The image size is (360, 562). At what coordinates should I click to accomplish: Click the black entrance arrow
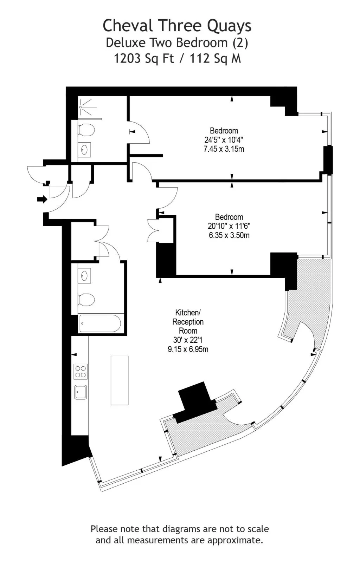42,200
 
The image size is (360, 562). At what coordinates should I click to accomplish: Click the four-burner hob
81,372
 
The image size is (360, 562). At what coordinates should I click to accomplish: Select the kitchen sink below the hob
81,392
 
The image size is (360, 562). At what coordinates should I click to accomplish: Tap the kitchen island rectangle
120,380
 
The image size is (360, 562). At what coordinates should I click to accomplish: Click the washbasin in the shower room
84,150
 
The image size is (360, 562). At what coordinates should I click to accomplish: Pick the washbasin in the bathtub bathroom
84,276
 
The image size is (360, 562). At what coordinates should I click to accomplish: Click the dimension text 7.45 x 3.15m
224,149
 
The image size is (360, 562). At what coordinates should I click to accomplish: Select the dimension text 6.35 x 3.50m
229,235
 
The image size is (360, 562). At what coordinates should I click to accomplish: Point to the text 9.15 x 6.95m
188,349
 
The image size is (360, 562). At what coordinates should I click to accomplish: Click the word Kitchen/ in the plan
188,313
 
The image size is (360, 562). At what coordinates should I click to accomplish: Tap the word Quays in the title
229,26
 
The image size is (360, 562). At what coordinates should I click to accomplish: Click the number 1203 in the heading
127,58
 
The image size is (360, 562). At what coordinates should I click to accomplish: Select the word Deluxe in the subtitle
126,43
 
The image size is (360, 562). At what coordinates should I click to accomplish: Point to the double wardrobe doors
153,231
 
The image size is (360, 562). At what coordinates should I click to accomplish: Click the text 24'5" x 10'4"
224,140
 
